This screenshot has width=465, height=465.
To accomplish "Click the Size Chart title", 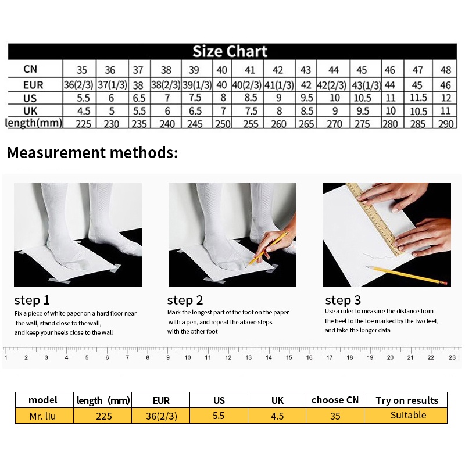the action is point(230,51).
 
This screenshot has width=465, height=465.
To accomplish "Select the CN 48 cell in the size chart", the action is point(446,70).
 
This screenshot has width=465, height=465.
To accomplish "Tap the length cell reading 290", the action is point(446,124).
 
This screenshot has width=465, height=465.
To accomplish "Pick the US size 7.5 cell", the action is point(195,98).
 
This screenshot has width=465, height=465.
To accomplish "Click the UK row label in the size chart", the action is point(30,111).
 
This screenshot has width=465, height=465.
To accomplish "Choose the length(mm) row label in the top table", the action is point(34,123).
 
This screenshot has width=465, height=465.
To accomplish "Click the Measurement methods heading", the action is point(92,153).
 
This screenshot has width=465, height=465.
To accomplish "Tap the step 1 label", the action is point(32,300).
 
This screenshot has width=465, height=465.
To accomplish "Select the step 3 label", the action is point(343,300).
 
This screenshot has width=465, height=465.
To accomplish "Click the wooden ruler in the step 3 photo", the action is point(374,219).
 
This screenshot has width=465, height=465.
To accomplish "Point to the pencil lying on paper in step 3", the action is point(407,275).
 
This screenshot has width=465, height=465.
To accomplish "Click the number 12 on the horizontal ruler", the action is point(228,357).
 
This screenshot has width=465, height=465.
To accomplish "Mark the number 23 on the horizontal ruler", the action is point(452,357).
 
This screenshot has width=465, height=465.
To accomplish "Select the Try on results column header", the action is point(407,400).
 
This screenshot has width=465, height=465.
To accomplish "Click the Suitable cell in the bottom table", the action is point(409,415).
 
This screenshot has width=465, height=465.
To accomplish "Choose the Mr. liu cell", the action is point(42,416).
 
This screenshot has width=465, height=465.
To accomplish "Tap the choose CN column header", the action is point(335,400).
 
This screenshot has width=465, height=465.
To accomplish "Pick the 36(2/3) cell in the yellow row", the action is point(162,416).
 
